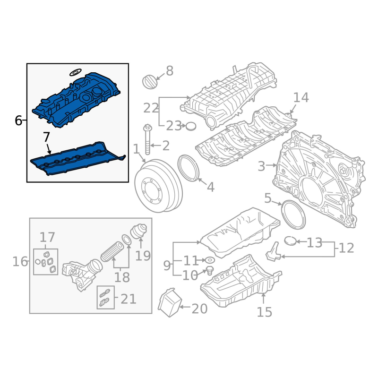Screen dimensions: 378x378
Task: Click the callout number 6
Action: click(x=18, y=120)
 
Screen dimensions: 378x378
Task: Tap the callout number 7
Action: click(x=46, y=137)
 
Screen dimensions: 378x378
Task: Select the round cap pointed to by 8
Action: click(x=150, y=82)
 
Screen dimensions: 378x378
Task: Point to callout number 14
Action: click(x=301, y=97)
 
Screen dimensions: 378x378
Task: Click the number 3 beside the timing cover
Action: click(x=261, y=166)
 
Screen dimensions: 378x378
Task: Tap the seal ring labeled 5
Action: click(x=293, y=215)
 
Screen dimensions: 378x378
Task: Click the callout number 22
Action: click(x=151, y=108)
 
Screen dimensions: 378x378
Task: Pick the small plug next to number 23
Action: click(x=191, y=126)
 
